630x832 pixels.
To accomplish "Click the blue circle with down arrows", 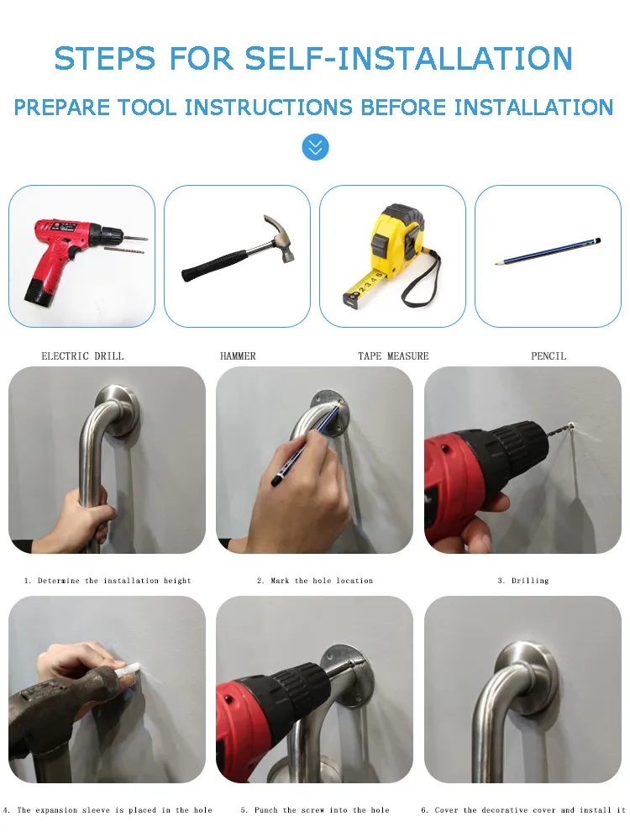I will [x=315, y=148].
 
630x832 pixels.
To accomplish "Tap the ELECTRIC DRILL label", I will [x=82, y=356].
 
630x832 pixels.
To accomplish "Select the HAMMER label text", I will [x=238, y=356].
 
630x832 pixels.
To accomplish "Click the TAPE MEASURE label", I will [x=393, y=356].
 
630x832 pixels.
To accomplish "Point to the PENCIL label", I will [x=549, y=356].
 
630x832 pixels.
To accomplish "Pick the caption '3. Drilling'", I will [x=523, y=581].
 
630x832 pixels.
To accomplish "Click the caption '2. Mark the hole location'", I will [x=315, y=581].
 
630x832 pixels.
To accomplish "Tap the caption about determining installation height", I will [x=108, y=581].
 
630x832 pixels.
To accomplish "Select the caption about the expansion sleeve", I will [x=108, y=810].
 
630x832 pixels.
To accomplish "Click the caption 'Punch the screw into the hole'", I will [x=315, y=810].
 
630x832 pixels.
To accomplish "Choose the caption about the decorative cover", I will [x=523, y=810].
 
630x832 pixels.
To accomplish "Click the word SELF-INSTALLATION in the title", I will [x=408, y=59].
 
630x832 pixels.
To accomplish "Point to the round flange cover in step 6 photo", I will [x=526, y=672].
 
